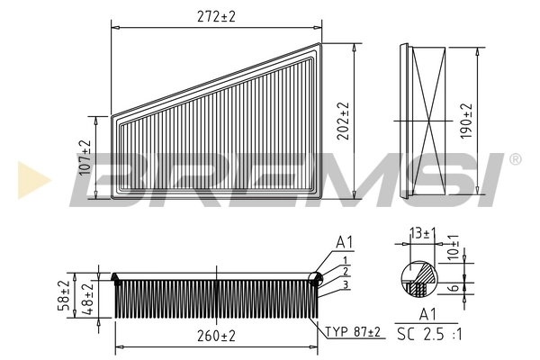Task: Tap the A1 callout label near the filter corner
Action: [x=344, y=242]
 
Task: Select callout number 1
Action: [x=345, y=260]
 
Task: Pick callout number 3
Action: [x=345, y=284]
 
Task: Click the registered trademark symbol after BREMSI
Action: [x=515, y=159]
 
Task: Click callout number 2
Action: [x=345, y=272]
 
